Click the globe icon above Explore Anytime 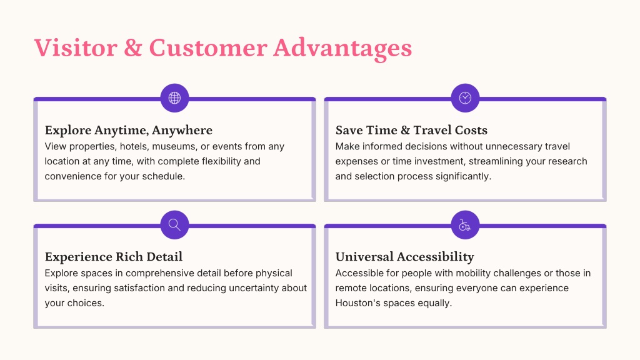175,98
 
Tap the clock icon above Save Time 465,98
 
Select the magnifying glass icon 175,225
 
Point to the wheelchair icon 465,225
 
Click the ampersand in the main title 133,47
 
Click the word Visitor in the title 76,47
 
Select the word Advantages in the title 343,49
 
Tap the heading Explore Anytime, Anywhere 129,130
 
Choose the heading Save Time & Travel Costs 411,130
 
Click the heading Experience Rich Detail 114,257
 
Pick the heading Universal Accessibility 405,257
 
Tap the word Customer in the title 208,47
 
